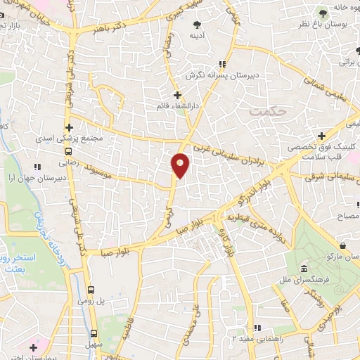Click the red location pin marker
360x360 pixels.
click(181, 165)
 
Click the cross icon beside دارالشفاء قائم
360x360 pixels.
click(177, 94)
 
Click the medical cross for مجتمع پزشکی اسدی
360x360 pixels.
click(70, 127)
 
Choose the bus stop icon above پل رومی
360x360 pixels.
click(91, 289)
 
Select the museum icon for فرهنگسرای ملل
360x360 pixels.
click(303, 270)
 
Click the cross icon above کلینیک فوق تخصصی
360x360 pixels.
click(321, 135)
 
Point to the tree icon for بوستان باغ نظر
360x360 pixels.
click(322, 13)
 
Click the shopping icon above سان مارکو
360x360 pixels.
click(342, 245)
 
